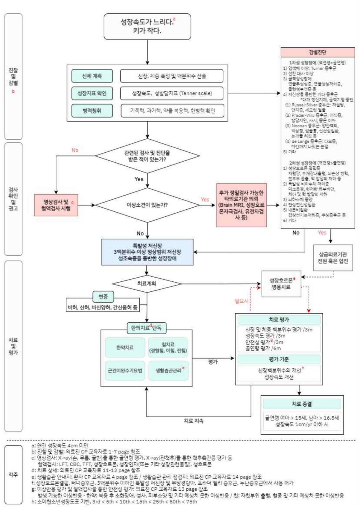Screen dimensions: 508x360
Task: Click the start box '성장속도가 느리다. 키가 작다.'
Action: coord(147,26)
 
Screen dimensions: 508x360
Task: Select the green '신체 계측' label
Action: coord(92,76)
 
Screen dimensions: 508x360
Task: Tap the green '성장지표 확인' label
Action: coord(92,93)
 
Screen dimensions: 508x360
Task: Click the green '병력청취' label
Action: coord(92,111)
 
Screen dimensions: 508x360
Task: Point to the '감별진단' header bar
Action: coord(318,52)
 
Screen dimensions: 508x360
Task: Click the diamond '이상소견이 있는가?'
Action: coord(147,205)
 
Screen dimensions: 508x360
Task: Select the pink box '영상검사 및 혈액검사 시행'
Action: coord(56,205)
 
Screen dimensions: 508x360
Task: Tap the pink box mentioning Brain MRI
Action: coord(241,205)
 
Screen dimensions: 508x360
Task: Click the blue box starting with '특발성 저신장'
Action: coord(147,252)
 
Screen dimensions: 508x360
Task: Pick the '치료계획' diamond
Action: coord(147,284)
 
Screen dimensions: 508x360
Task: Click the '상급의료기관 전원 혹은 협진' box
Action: coord(333,258)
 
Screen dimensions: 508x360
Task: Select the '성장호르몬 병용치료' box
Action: coord(281,284)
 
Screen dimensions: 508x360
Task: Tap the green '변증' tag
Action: coord(103,297)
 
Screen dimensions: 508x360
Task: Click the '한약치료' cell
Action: coord(125,347)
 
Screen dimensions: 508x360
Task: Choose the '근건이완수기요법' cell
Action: coord(125,370)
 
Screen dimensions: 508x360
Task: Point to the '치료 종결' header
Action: coord(302,404)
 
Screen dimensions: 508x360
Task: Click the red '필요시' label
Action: coord(241,301)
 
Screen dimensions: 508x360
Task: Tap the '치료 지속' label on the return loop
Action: coord(194,421)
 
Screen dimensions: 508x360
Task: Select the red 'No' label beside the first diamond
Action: coord(75,150)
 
